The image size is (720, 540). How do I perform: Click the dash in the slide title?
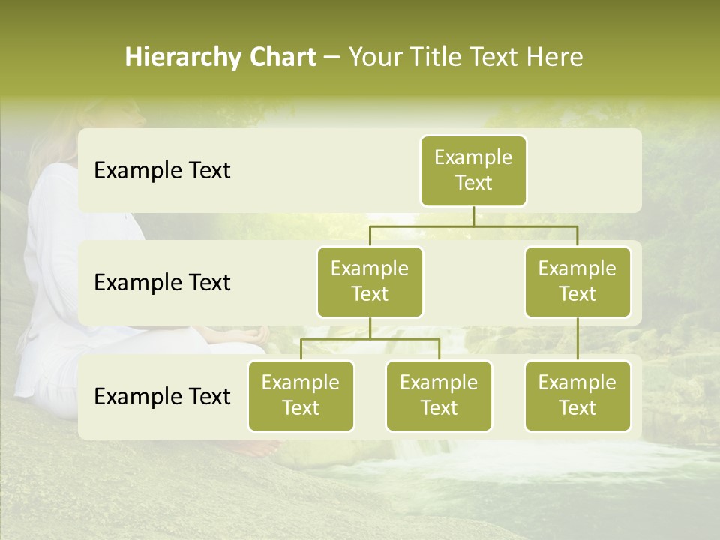[331, 58]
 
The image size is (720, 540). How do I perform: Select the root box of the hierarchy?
[473, 170]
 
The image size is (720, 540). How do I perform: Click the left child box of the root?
[370, 281]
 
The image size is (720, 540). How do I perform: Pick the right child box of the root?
[577, 281]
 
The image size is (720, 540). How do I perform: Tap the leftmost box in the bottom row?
[301, 395]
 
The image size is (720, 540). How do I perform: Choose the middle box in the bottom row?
[439, 395]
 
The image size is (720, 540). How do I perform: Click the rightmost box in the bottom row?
[577, 395]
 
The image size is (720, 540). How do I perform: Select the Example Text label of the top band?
[162, 171]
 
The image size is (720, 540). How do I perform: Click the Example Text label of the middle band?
[162, 283]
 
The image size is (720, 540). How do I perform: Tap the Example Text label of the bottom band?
[162, 396]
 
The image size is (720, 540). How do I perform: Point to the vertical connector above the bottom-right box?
[577, 338]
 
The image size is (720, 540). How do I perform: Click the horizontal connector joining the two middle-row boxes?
[473, 226]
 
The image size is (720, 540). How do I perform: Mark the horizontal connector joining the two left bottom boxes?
[370, 339]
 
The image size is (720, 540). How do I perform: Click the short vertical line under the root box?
[473, 216]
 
